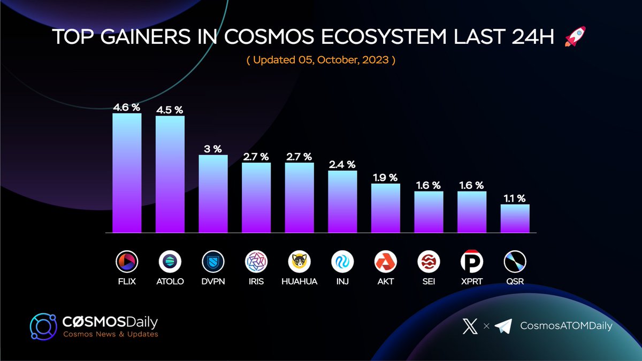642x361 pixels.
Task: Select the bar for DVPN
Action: pyautogui.click(x=213, y=194)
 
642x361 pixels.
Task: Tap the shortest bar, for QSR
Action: pyautogui.click(x=515, y=218)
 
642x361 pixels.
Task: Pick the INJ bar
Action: pyautogui.click(x=342, y=202)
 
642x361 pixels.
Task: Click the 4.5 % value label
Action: pyautogui.click(x=170, y=110)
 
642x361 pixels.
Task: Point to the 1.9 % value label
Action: pyautogui.click(x=386, y=178)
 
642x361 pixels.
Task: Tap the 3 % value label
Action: pyautogui.click(x=213, y=149)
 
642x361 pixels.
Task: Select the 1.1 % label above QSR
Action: pyautogui.click(x=515, y=198)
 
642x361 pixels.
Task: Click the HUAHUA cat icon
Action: pyautogui.click(x=299, y=262)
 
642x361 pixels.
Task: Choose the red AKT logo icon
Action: pyautogui.click(x=386, y=262)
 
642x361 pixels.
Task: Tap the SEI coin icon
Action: pyautogui.click(x=429, y=262)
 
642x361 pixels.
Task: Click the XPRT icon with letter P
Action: pyautogui.click(x=472, y=262)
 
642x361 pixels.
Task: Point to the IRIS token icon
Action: pyautogui.click(x=256, y=262)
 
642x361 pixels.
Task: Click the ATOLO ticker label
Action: pyautogui.click(x=170, y=281)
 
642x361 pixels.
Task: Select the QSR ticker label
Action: pyautogui.click(x=515, y=281)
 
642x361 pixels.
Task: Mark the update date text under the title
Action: pyautogui.click(x=320, y=60)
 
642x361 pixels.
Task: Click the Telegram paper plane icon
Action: pyautogui.click(x=503, y=326)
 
